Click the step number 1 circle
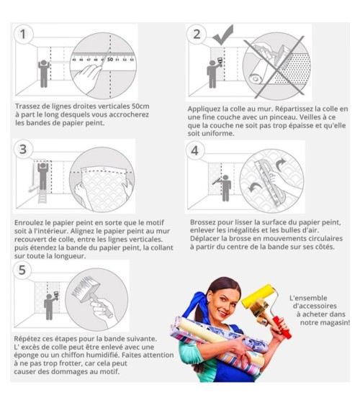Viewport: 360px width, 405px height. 23,34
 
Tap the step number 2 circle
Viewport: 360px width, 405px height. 197,34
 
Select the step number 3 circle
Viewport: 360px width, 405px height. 23,149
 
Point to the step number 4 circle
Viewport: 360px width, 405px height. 195,150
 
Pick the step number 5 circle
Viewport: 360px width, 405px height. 22,270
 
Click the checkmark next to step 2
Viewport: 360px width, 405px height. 222,35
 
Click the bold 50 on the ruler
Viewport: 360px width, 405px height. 110,60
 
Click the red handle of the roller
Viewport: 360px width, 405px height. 282,327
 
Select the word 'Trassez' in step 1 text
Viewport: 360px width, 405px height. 28,106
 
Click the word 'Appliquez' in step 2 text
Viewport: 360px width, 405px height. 204,109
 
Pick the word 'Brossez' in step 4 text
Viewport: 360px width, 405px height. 203,222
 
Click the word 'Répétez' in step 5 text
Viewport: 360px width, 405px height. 27,339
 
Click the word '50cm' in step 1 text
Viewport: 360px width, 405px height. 140,106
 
